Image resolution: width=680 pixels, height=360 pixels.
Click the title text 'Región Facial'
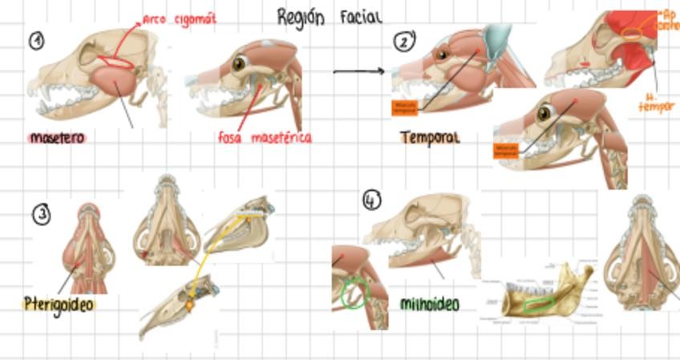[x=329, y=17]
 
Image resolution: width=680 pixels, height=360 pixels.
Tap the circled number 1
[x=36, y=41]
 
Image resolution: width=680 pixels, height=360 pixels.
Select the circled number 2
[x=403, y=41]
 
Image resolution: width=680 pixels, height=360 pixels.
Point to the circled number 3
[x=42, y=214]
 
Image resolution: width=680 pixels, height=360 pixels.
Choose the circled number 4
[x=372, y=200]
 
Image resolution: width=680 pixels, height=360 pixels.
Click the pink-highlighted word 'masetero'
[x=56, y=138]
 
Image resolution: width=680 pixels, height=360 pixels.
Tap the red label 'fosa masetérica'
[x=265, y=138]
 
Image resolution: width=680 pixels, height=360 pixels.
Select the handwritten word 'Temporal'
[x=430, y=138]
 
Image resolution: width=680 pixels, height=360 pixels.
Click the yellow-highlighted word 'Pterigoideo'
[x=59, y=305]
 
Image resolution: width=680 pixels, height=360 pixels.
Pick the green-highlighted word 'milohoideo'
[x=430, y=305]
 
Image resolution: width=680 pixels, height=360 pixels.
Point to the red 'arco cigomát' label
[x=180, y=18]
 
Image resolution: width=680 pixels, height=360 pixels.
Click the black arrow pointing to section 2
[x=359, y=71]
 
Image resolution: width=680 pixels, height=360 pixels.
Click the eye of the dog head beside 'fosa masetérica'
[x=238, y=63]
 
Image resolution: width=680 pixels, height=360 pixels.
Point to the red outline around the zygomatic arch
[x=119, y=61]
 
